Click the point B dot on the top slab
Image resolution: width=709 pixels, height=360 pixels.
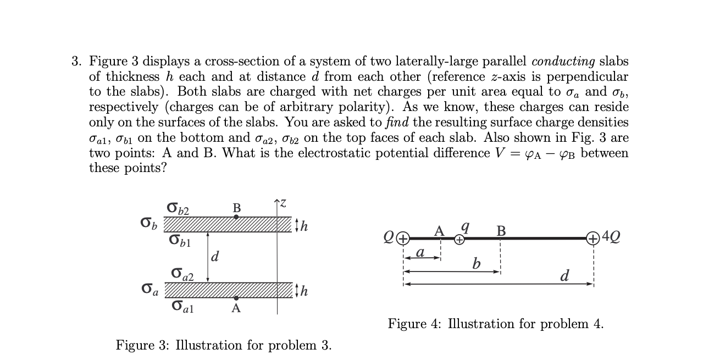(236, 217)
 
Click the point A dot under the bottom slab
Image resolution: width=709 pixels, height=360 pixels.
(236, 298)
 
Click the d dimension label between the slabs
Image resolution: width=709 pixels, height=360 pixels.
(215, 256)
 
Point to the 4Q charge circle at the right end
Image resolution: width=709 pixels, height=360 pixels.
(593, 239)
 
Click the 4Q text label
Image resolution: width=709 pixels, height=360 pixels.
(610, 239)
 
